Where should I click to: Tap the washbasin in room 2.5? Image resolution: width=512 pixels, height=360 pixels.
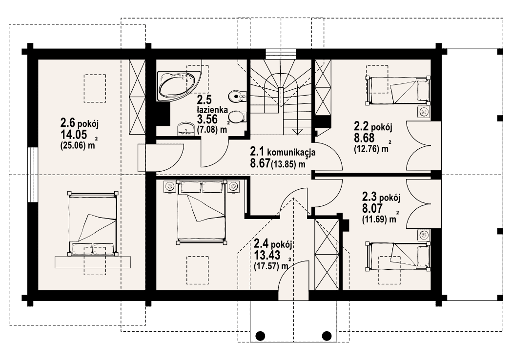click(x=186, y=129)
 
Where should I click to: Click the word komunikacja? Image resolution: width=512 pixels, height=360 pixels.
click(x=291, y=152)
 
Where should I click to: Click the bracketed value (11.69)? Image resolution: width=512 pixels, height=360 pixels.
click(x=375, y=220)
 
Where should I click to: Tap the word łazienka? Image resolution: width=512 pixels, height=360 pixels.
click(x=212, y=109)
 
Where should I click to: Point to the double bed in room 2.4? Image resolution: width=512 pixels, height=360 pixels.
click(x=202, y=212)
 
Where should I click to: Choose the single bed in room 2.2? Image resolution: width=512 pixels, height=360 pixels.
click(x=398, y=90)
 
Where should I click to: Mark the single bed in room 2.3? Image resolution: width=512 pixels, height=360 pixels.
click(x=398, y=256)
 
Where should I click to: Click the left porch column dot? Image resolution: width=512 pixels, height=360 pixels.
click(x=260, y=335)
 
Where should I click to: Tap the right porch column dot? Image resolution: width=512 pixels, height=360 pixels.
click(x=327, y=335)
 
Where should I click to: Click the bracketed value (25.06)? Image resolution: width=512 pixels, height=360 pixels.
click(x=73, y=146)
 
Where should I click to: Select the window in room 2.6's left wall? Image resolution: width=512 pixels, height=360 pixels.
click(x=33, y=175)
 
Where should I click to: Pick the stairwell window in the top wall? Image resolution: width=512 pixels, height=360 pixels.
click(x=281, y=54)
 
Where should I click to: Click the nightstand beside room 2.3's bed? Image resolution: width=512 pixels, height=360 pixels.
click(x=425, y=235)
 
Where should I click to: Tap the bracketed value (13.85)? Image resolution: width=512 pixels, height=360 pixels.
click(x=284, y=164)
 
